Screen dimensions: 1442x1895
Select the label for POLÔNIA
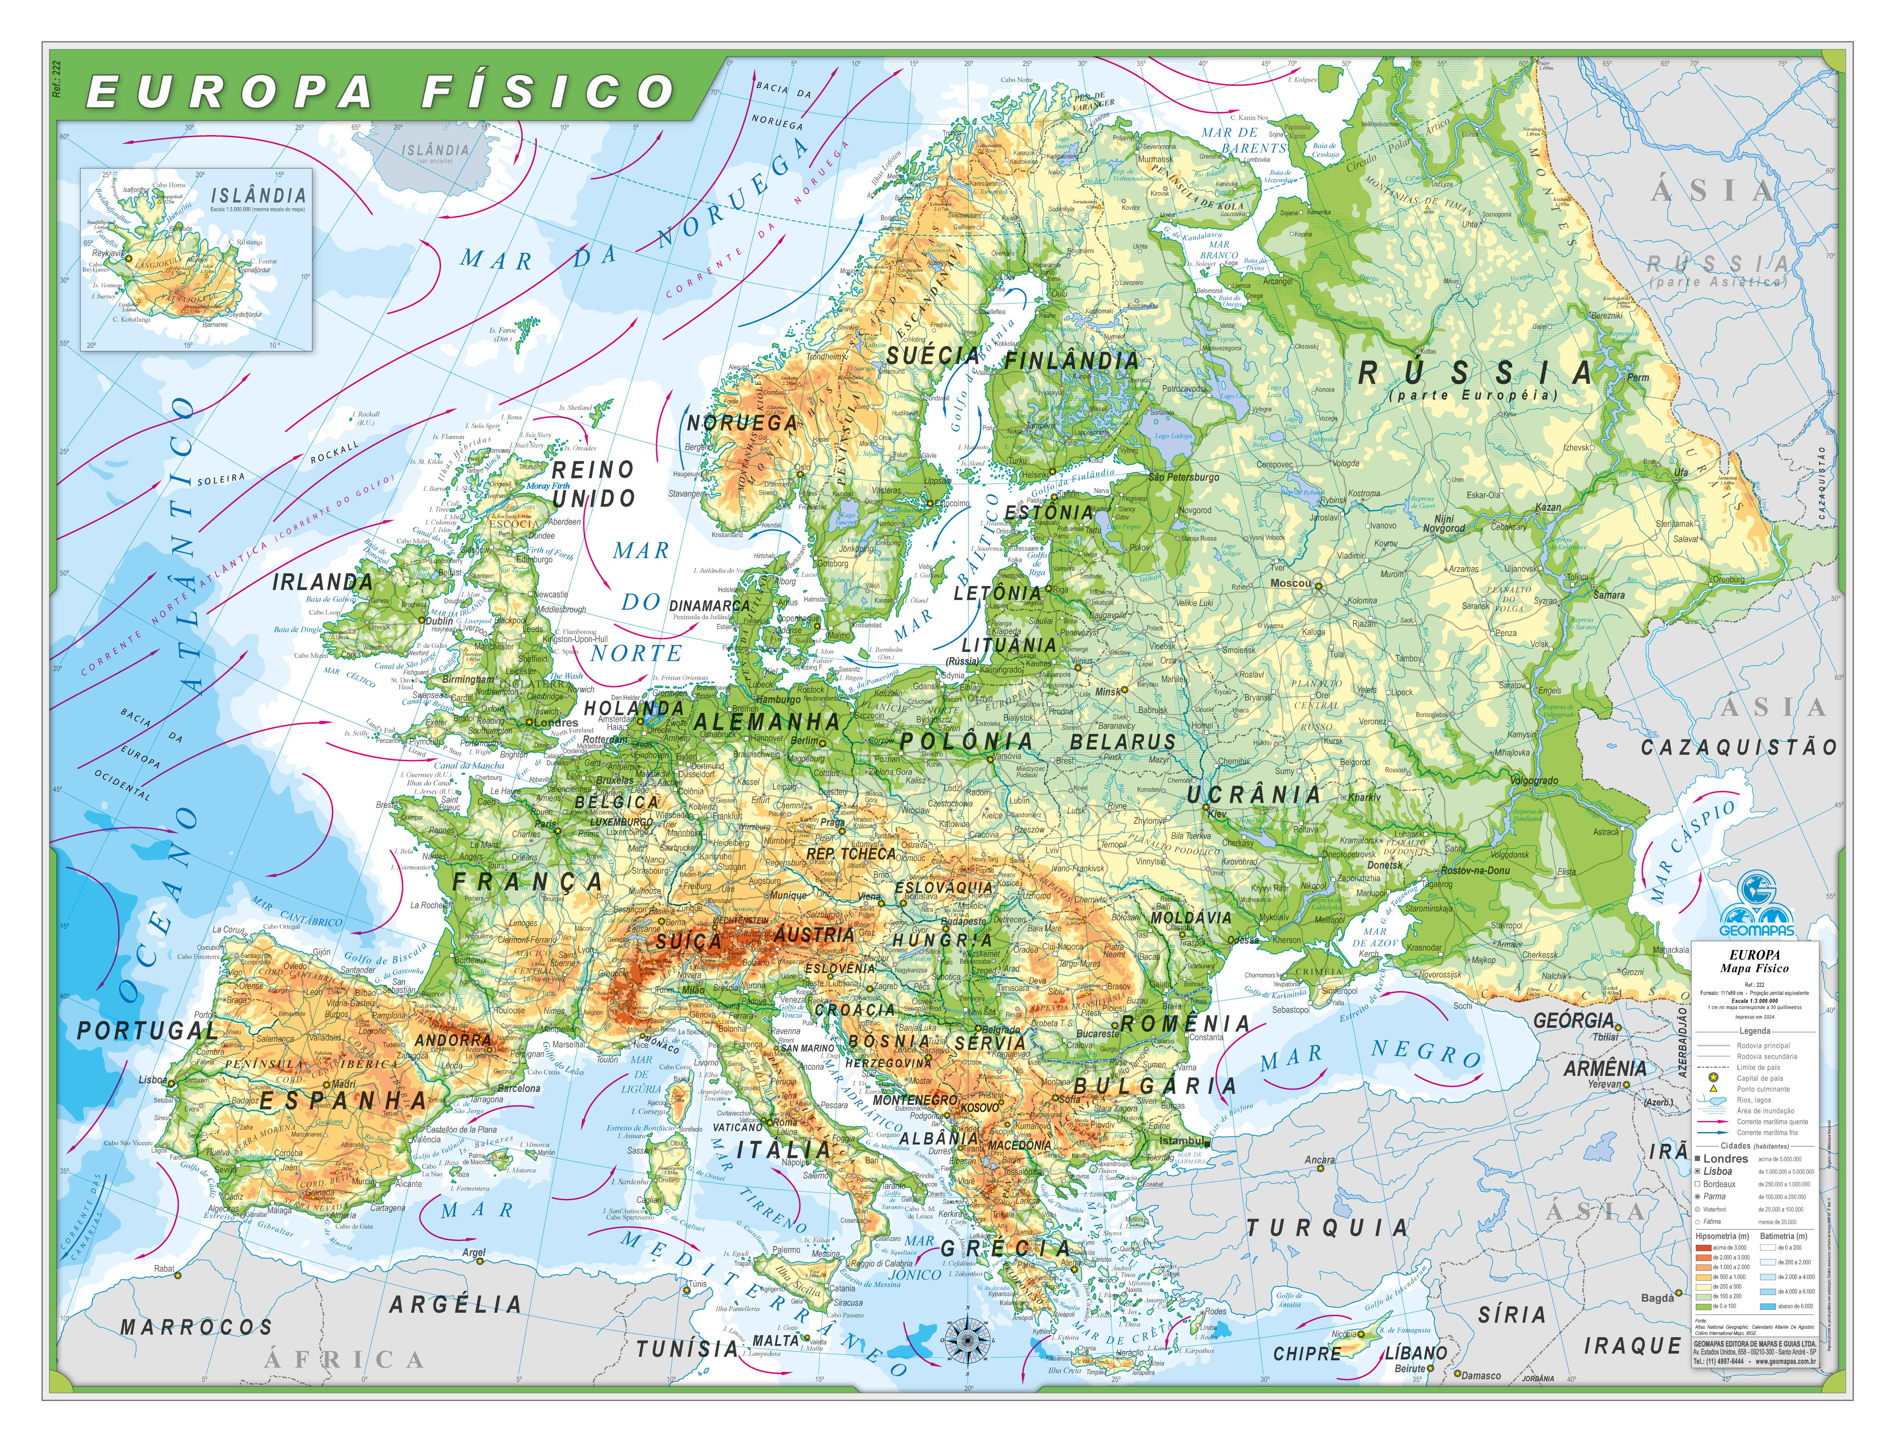point(966,742)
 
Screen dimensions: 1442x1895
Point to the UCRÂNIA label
point(1253,795)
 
